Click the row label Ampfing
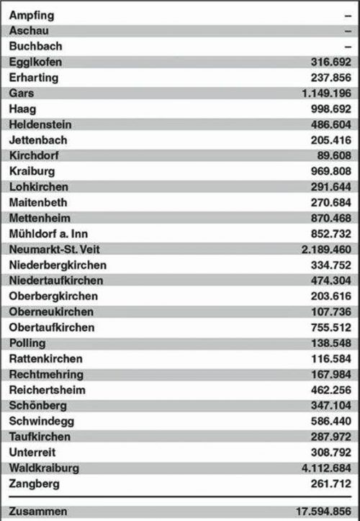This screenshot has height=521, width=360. (x=32, y=15)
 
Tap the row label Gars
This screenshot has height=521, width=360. (x=22, y=94)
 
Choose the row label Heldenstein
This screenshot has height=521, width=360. (x=40, y=124)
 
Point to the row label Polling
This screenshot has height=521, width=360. (x=28, y=343)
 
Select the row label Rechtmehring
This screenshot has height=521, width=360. (x=46, y=374)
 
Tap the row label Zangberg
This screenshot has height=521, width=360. (x=35, y=484)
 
